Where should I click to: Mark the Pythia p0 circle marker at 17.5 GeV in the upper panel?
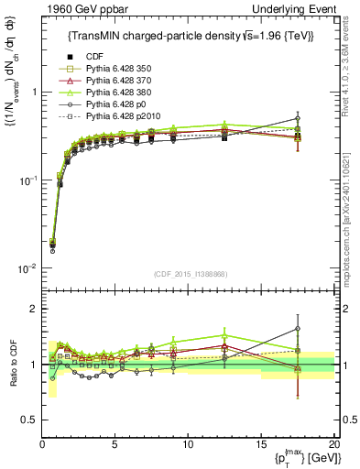pos(298,118)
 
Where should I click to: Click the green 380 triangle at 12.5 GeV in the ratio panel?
pos(224,335)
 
